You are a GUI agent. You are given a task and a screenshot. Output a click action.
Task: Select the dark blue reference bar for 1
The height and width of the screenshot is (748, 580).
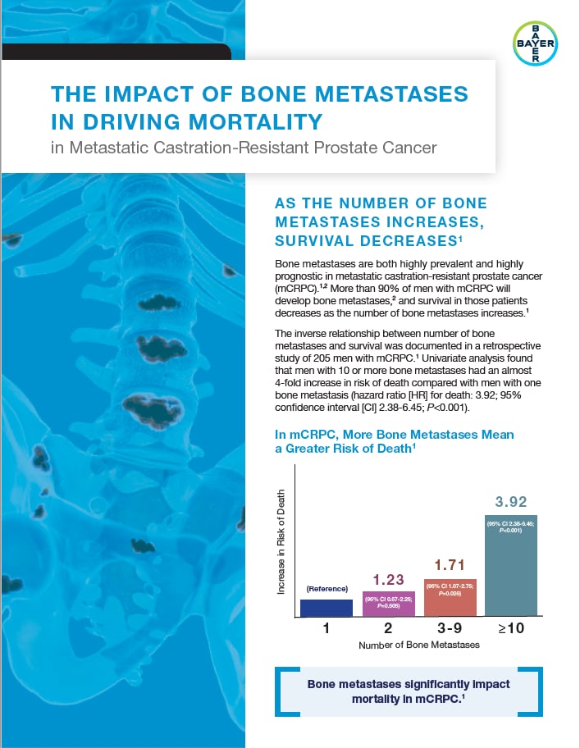click(x=326, y=608)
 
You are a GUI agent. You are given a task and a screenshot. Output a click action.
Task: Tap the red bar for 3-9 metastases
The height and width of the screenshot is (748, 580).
click(x=449, y=597)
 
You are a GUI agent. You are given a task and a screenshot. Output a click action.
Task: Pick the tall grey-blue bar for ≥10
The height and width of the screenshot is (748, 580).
click(x=510, y=566)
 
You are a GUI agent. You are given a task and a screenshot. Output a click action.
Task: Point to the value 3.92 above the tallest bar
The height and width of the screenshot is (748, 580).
click(x=510, y=502)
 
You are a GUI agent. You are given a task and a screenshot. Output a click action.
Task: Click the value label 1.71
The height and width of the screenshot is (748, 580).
click(x=449, y=565)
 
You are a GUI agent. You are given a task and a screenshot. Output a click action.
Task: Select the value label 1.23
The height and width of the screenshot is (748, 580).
click(x=387, y=580)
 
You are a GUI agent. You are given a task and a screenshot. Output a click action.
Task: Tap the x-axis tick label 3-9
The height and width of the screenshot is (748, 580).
click(x=449, y=629)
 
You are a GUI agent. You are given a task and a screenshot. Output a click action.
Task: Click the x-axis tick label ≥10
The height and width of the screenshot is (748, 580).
click(x=510, y=629)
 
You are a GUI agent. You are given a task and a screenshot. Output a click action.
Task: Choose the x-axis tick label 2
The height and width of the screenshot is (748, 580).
click(x=387, y=629)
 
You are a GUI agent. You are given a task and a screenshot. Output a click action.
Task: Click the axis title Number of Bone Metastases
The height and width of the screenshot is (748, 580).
click(x=418, y=645)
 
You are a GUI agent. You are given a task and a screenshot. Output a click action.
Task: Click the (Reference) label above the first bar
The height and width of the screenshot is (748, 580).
click(x=327, y=589)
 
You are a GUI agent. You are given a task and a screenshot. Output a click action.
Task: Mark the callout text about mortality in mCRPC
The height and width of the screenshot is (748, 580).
click(x=408, y=691)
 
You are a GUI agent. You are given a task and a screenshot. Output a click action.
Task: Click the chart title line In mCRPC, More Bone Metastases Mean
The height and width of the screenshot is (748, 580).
click(x=394, y=434)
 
